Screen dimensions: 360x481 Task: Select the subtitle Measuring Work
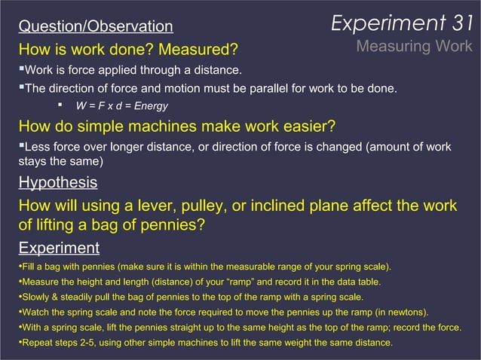point(414,47)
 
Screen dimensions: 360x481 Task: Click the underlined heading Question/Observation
point(95,27)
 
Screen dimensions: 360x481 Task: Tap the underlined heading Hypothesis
point(57,182)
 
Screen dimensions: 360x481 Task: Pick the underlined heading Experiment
point(58,248)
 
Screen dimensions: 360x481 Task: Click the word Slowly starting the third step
point(37,297)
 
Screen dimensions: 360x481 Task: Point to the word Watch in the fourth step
point(35,312)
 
